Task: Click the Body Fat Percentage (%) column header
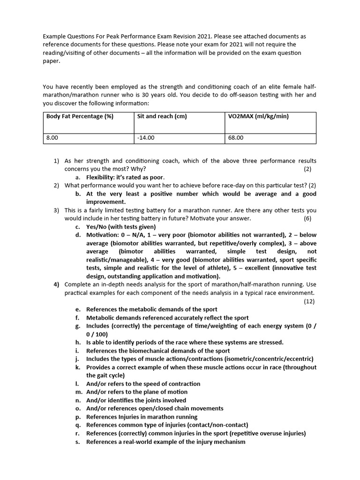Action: pos(80,117)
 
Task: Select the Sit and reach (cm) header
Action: pos(162,117)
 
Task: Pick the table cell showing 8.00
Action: pos(52,138)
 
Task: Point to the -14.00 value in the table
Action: pos(146,138)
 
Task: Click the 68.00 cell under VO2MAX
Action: pos(236,138)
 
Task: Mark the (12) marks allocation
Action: pos(309,301)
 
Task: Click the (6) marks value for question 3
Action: pos(307,218)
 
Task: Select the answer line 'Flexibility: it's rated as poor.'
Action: pos(126,178)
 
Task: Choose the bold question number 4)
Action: pos(56,285)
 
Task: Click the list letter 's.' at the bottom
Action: pos(77,442)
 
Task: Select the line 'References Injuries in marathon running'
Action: pos(142,417)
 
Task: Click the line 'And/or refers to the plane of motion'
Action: pos(137,392)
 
